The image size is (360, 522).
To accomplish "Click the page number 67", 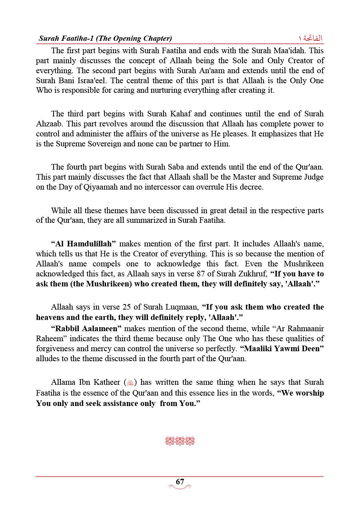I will tap(180, 482).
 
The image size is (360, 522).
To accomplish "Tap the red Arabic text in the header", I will tap(311, 38).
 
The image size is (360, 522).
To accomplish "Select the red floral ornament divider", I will tap(180, 442).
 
